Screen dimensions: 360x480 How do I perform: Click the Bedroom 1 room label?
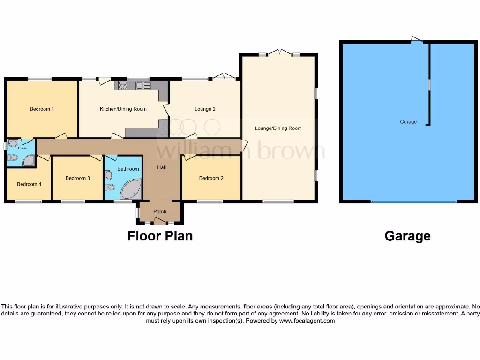pyautogui.click(x=42, y=109)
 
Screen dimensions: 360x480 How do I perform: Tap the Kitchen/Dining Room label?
pyautogui.click(x=123, y=109)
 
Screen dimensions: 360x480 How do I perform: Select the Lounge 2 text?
pyautogui.click(x=205, y=109)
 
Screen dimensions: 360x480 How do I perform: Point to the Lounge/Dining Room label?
pyautogui.click(x=278, y=128)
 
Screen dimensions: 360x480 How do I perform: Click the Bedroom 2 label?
pyautogui.click(x=211, y=178)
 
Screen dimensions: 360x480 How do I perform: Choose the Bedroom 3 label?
pyautogui.click(x=78, y=178)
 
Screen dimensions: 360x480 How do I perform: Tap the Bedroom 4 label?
pyautogui.click(x=29, y=184)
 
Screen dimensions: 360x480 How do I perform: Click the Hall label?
pyautogui.click(x=161, y=167)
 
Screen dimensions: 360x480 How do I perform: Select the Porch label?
pyautogui.click(x=160, y=212)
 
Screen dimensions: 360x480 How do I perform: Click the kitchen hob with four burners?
pyautogui.click(x=123, y=85)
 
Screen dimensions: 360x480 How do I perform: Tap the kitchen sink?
pyautogui.click(x=141, y=85)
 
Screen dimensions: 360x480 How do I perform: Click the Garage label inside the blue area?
pyautogui.click(x=408, y=122)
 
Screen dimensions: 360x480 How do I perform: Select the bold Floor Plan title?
pyautogui.click(x=160, y=236)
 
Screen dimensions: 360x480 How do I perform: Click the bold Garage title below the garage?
pyautogui.click(x=407, y=236)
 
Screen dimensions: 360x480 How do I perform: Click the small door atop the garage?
pyautogui.click(x=416, y=40)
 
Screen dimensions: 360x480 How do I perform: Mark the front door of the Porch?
pyautogui.click(x=160, y=221)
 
